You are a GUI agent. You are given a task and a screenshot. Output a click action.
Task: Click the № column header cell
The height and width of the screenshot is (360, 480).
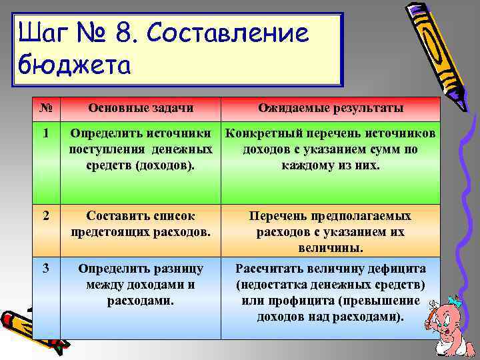(x=45, y=109)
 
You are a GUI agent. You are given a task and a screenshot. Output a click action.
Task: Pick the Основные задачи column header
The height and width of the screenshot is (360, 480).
(x=141, y=109)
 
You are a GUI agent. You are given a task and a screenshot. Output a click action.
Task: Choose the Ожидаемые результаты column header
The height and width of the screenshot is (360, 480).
(x=331, y=109)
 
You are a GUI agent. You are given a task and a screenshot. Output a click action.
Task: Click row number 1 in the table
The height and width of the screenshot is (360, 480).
(x=45, y=134)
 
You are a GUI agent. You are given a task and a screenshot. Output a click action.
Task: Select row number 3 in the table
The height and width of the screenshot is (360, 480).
(x=45, y=269)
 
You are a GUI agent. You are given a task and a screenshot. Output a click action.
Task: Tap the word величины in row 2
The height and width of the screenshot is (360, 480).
(x=331, y=248)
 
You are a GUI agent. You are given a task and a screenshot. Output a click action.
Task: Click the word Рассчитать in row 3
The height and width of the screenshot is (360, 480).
(x=271, y=269)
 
